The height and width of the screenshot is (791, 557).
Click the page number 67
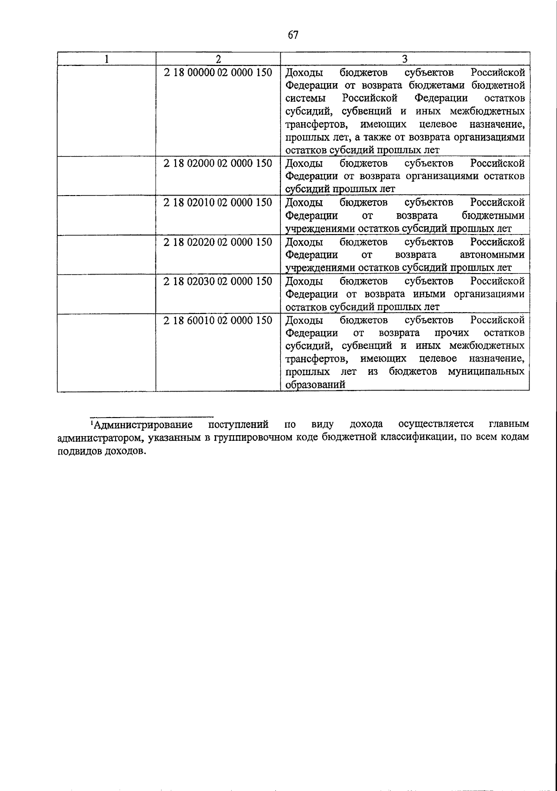tap(293, 35)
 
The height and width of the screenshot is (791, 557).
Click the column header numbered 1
tap(107, 59)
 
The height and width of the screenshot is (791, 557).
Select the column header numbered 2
tap(218, 59)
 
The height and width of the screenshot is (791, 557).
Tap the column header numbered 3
tap(405, 59)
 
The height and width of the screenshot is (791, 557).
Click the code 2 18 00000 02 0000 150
tap(218, 72)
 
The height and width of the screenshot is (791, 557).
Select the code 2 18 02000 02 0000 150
tap(218, 163)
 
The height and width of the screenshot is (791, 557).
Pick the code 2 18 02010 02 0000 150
tap(218, 203)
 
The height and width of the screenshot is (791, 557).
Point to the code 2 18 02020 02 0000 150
tap(218, 242)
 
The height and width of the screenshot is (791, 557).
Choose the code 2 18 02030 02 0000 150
tap(218, 281)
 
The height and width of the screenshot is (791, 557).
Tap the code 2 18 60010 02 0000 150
tap(218, 320)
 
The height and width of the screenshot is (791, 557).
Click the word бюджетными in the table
tap(493, 216)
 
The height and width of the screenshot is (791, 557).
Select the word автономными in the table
tap(492, 255)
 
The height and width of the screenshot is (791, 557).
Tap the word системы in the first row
tap(305, 98)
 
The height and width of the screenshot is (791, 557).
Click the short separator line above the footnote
tap(151, 417)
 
